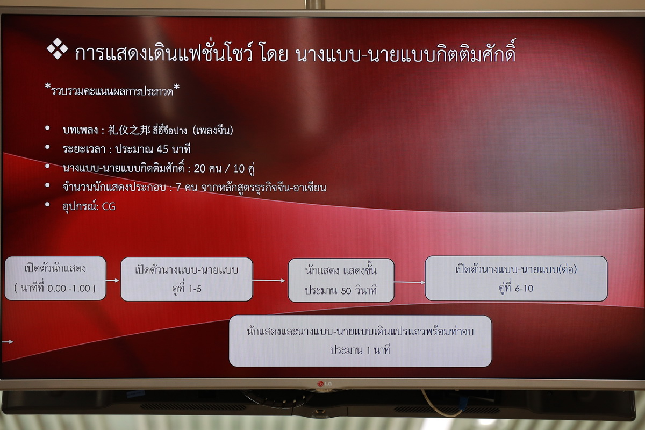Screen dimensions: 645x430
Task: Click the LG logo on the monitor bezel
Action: pos(324,384)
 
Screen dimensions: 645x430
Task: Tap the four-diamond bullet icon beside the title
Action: pos(58,48)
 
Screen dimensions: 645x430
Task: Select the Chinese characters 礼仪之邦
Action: pos(129,130)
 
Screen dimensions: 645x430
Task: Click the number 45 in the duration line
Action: pos(162,149)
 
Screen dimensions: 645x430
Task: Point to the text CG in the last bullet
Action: pos(109,206)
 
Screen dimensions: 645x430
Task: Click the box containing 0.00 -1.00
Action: pos(55,278)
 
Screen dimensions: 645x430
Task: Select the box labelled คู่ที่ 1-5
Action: pos(187,279)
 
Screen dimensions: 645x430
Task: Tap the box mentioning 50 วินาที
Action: pos(341,280)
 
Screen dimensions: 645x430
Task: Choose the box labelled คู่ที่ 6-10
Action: pos(516,278)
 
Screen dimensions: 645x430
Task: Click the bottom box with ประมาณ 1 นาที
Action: pos(360,341)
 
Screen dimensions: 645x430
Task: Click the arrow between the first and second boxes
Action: pos(112,280)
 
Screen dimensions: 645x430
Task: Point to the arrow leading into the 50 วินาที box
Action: pos(269,280)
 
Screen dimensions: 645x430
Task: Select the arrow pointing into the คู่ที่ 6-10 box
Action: pos(410,282)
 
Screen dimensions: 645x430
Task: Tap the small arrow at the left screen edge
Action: pos(8,342)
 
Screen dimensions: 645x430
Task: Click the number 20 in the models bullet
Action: pos(199,168)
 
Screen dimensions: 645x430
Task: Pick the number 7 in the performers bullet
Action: pos(178,188)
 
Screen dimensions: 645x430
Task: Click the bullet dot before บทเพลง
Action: pos(47,128)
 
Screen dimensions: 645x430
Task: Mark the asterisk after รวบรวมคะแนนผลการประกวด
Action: pos(176,87)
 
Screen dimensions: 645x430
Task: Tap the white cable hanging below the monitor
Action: pos(441,405)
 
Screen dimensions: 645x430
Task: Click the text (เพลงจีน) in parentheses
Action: pos(213,131)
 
